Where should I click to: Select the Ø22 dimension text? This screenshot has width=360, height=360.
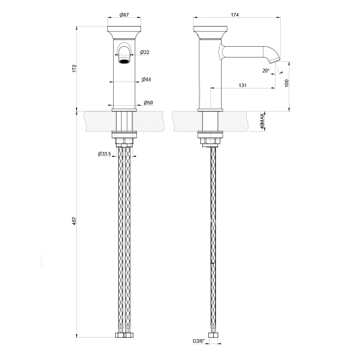[x=145, y=53]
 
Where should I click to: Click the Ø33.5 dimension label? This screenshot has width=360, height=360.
[x=104, y=153]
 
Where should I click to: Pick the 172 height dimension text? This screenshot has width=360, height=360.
[x=75, y=68]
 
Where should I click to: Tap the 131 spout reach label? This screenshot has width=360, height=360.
[x=243, y=85]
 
